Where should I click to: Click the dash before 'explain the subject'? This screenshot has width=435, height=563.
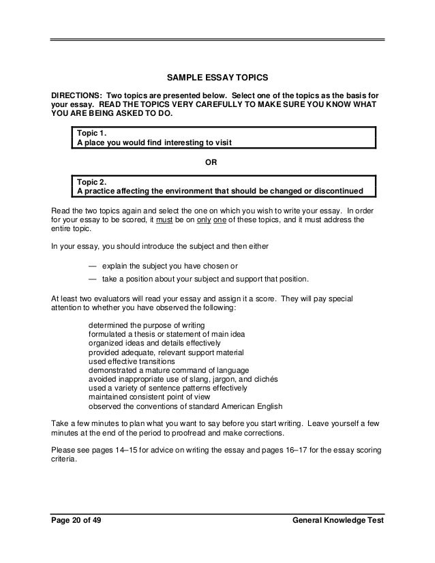click(x=93, y=266)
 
